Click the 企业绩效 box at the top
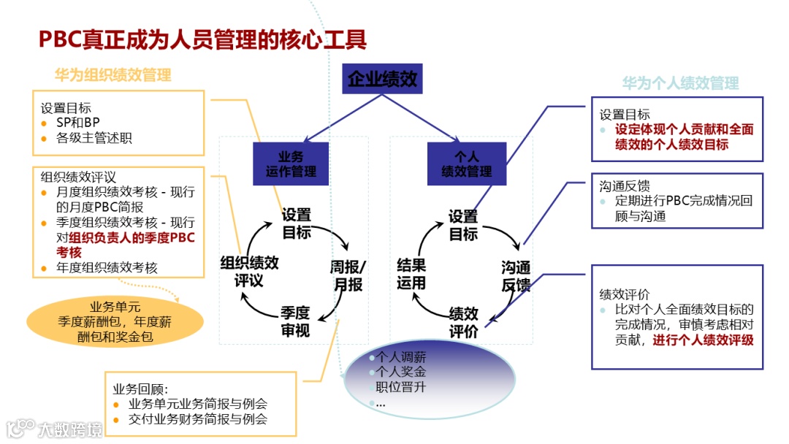pos(382,79)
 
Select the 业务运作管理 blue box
pos(291,164)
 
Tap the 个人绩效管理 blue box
pos(467,164)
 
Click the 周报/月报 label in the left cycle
pos(348,275)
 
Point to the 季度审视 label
pos(296,321)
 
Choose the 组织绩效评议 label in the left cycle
pos(249,272)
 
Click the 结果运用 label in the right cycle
pos(411,274)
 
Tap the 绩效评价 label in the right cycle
pos(464,322)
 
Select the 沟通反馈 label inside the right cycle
pos(516,275)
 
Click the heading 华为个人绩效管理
pos(680,83)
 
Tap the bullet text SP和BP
pos(78,123)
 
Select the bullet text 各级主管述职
pos(94,137)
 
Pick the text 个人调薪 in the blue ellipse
pos(401,358)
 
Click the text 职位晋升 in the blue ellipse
pos(400,387)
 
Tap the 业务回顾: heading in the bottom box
pos(140,388)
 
